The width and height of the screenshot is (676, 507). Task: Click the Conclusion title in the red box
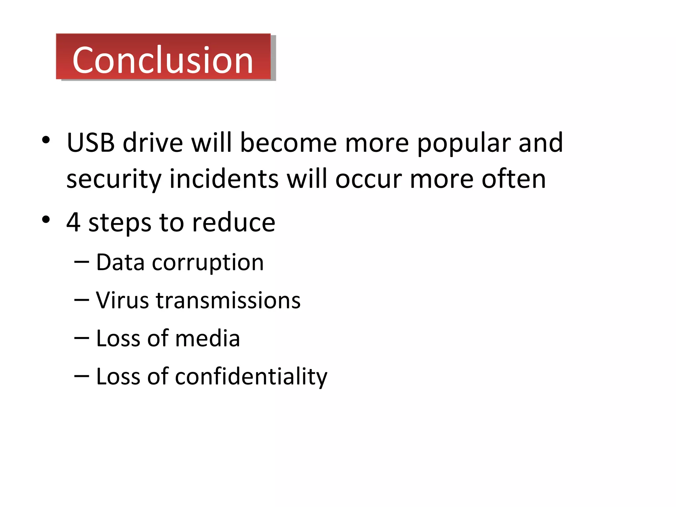(163, 60)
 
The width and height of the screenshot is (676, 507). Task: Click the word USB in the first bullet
(91, 143)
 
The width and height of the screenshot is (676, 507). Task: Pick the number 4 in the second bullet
(73, 222)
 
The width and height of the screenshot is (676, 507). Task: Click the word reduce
(234, 222)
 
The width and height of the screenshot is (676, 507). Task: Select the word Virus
(122, 300)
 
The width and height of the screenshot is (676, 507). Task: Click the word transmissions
(228, 300)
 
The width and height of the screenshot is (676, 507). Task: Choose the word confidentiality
(251, 377)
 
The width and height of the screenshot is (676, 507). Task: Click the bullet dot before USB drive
(46, 140)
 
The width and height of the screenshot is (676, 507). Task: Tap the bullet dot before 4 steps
(46, 220)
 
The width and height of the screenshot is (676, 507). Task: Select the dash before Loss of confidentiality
(82, 376)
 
